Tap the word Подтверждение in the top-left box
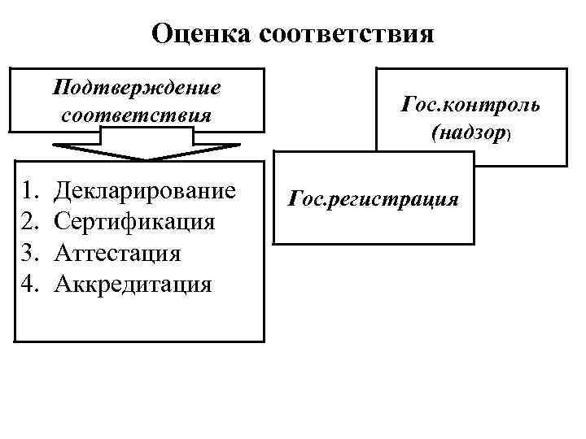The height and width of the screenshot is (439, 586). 136,85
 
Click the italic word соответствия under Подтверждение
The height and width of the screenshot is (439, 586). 136,114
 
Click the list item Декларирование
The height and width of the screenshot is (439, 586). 145,192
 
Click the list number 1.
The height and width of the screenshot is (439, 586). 29,192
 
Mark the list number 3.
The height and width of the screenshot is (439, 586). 29,253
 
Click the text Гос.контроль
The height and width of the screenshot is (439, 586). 470,106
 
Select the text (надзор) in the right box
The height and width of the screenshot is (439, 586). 470,133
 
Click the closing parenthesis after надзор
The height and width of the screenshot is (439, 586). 508,135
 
